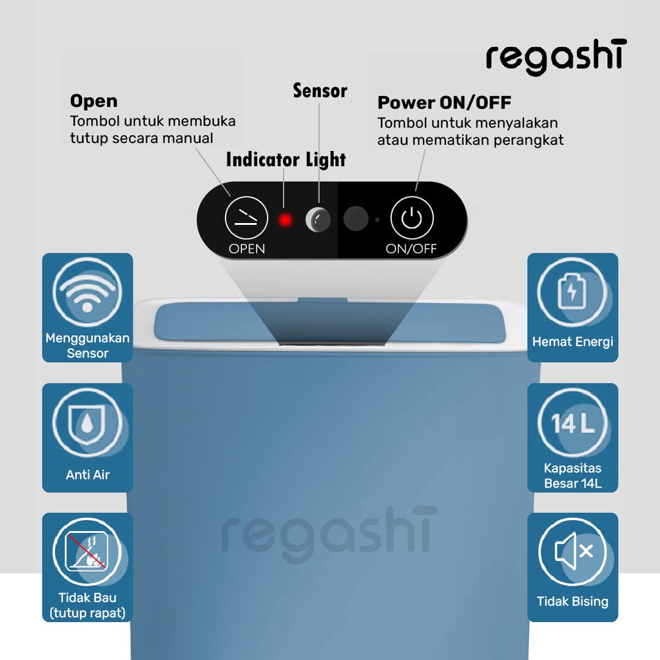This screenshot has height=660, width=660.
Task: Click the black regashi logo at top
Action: pyautogui.click(x=556, y=57)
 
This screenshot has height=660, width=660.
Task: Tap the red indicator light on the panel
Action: pyautogui.click(x=285, y=220)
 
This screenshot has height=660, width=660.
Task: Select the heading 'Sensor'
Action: pyautogui.click(x=320, y=91)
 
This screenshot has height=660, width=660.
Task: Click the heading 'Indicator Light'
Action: pyautogui.click(x=286, y=160)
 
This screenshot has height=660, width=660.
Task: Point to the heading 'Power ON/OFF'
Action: pyautogui.click(x=444, y=102)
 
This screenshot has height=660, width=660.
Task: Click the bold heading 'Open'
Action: pyautogui.click(x=93, y=101)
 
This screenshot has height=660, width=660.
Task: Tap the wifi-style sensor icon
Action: pyautogui.click(x=87, y=291)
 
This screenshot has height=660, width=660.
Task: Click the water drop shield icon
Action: pyautogui.click(x=87, y=422)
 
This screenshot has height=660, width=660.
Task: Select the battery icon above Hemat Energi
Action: pyautogui.click(x=572, y=291)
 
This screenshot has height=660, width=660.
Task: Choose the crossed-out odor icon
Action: pyautogui.click(x=87, y=552)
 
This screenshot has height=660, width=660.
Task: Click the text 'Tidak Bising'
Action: pyautogui.click(x=572, y=601)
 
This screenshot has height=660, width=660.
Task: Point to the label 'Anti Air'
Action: pyautogui.click(x=88, y=475)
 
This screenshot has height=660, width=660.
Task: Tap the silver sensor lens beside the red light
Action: pyautogui.click(x=317, y=220)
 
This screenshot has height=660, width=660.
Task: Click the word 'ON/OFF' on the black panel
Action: pyautogui.click(x=411, y=249)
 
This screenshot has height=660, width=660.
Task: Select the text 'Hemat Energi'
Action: pyautogui.click(x=572, y=342)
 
